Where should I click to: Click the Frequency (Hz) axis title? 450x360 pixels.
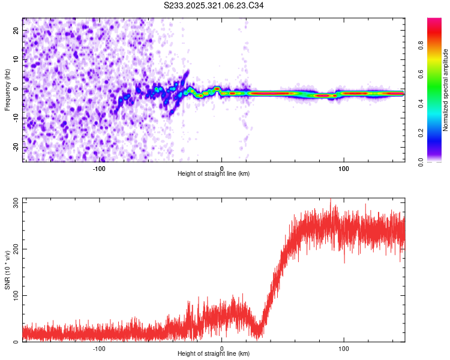coord(7,90)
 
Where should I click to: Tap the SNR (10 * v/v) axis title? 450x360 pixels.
coord(7,270)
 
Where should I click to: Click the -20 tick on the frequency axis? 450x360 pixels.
coord(16,148)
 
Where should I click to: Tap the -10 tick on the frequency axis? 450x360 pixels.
coord(16,118)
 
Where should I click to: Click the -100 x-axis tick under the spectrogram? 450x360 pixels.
coord(99,168)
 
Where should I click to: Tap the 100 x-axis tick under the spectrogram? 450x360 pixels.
coord(344,168)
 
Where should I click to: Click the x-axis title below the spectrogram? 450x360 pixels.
coord(214,174)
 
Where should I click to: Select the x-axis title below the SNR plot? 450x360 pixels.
coord(214,354)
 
